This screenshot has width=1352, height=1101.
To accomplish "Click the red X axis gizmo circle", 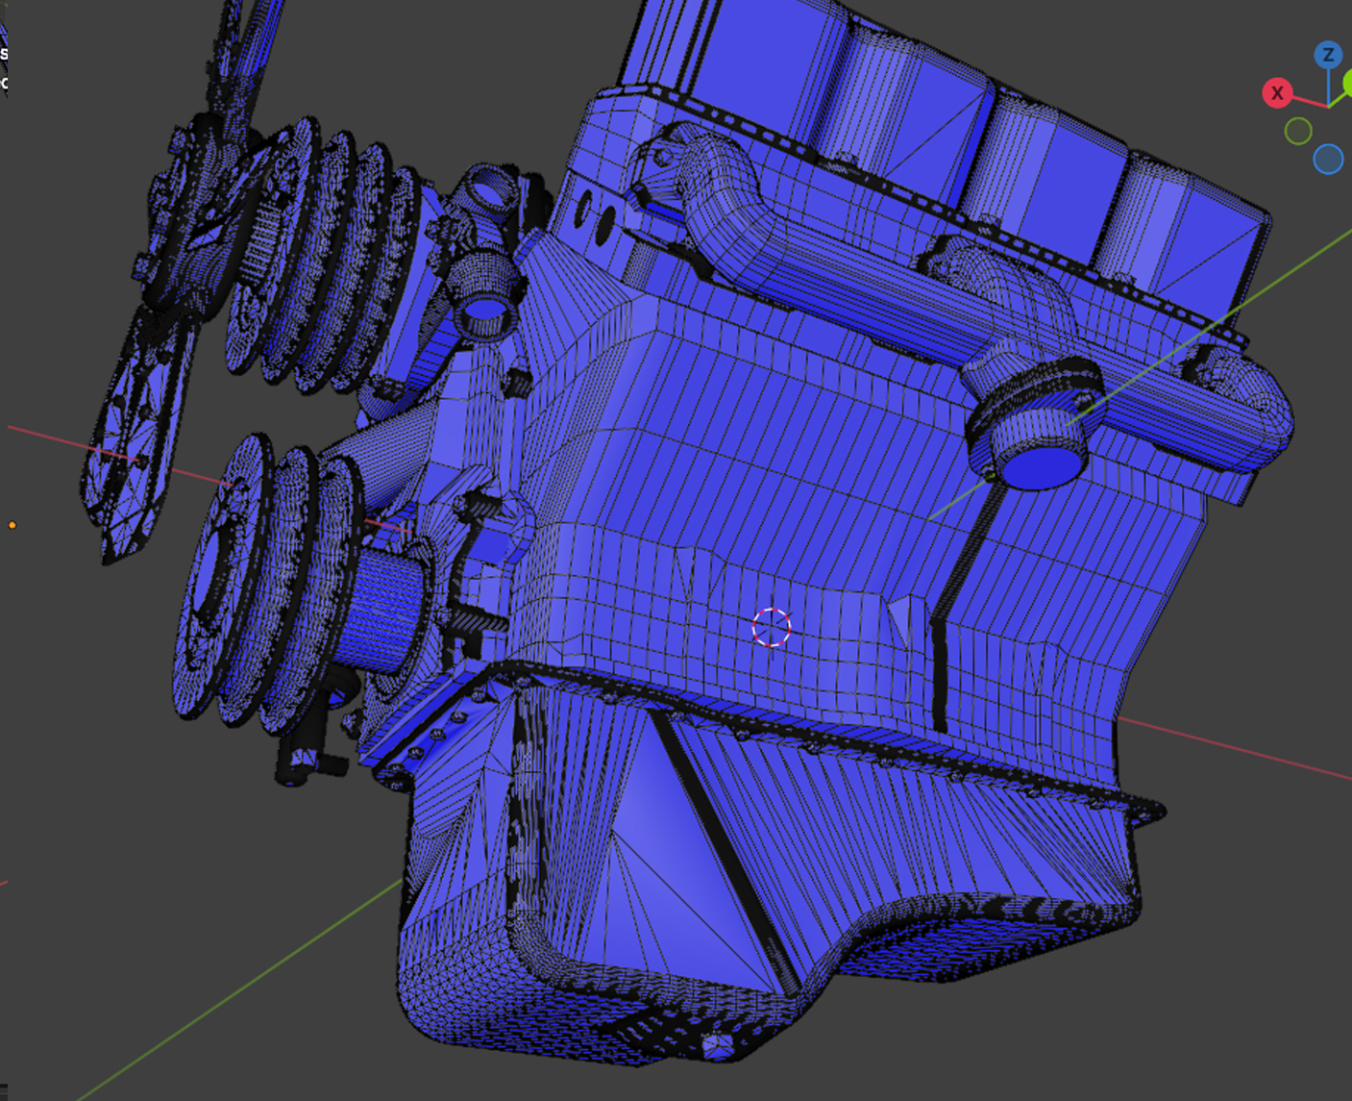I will coord(1277,93).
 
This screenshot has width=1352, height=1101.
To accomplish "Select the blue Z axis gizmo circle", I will coord(1328,55).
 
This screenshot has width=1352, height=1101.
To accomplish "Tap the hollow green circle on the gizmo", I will coord(1298,131).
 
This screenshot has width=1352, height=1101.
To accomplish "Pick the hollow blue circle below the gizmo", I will coord(1328,160).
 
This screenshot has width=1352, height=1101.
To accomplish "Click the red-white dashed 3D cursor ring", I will coord(772,628).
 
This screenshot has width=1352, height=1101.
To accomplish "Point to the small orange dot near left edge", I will coord(12,525).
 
